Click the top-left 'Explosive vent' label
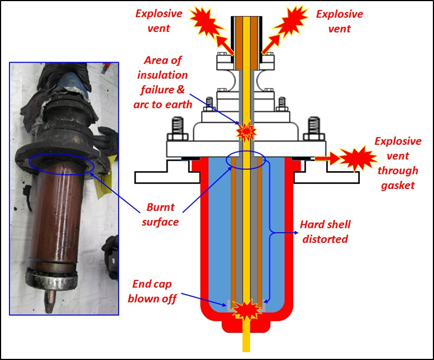[x=158, y=21]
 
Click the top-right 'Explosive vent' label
[x=339, y=21]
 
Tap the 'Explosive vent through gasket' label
[x=395, y=163]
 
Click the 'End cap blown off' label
[x=152, y=291]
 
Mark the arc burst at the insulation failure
[x=246, y=132]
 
